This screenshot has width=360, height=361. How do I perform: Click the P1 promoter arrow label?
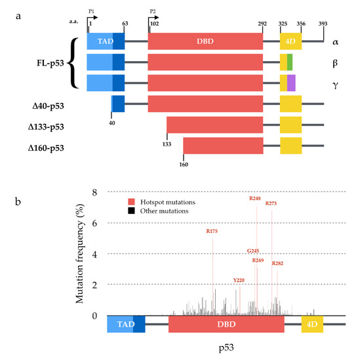click(x=91, y=11)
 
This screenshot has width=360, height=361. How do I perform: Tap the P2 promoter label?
click(x=153, y=11)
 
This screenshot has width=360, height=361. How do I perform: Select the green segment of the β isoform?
click(x=290, y=62)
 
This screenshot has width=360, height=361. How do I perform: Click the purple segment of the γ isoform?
click(x=291, y=83)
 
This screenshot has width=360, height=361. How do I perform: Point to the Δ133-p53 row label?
click(x=46, y=127)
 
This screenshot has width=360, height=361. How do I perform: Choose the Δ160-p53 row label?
click(x=46, y=148)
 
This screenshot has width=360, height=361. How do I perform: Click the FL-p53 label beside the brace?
click(x=50, y=63)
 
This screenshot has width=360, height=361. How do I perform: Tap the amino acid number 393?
click(x=323, y=24)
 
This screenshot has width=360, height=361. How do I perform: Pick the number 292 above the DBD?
click(x=262, y=24)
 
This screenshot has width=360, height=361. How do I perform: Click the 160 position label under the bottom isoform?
click(x=184, y=164)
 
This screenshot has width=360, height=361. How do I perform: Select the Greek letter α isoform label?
click(x=335, y=42)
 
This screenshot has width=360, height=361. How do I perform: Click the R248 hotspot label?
click(x=255, y=198)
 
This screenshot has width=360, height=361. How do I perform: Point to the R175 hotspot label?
click(x=212, y=231)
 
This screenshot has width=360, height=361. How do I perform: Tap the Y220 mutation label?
click(x=239, y=280)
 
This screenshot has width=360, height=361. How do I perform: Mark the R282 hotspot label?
click(x=277, y=263)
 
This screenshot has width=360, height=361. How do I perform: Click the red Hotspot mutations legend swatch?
click(x=131, y=202)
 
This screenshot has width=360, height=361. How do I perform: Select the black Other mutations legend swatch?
click(x=131, y=211)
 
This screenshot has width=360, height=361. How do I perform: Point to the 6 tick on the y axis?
click(x=94, y=223)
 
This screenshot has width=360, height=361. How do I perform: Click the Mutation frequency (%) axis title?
click(x=80, y=253)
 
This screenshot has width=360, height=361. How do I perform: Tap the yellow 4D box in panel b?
click(x=312, y=324)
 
